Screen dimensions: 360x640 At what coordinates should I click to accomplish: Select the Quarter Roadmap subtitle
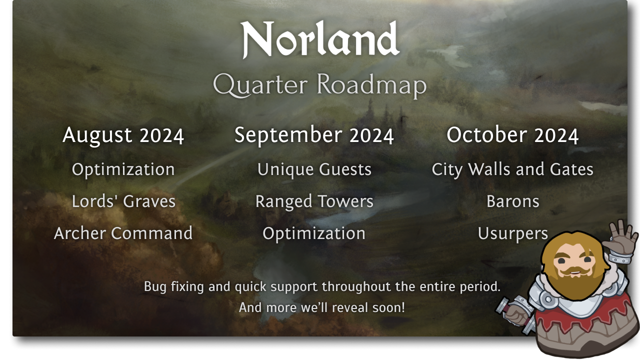coord(320,85)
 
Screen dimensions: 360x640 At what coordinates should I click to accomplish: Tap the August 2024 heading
coord(123,135)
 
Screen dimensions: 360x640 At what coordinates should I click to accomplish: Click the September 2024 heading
coord(314,135)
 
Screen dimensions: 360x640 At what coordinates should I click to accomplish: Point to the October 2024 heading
coord(512,135)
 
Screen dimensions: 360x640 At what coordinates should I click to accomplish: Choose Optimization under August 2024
coord(123,169)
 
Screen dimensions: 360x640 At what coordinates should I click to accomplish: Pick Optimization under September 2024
coord(314,233)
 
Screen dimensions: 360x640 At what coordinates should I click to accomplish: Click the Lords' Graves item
coord(123,201)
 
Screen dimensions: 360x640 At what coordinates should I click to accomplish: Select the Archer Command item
coord(123,233)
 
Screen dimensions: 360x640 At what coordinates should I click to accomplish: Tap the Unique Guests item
coord(314,169)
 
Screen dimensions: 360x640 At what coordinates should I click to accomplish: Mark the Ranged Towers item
coord(314,201)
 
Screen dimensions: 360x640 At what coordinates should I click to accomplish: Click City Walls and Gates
coord(512,169)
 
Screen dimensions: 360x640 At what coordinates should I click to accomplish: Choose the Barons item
coord(512,201)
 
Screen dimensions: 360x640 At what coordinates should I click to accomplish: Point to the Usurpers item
coord(512,233)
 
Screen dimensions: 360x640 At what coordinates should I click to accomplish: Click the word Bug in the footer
coord(154,287)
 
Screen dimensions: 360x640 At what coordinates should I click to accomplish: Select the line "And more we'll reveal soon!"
coord(322,307)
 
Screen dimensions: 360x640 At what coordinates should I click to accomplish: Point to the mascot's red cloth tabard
coord(585,320)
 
